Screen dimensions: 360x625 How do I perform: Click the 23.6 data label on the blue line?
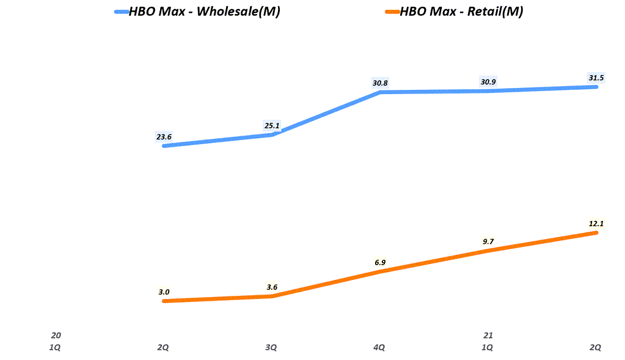pyautogui.click(x=164, y=137)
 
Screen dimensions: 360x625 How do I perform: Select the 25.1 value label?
pyautogui.click(x=272, y=127)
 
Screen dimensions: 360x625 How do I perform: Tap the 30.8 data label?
pyautogui.click(x=380, y=83)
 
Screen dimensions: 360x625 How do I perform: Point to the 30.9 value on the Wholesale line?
pyautogui.click(x=488, y=81)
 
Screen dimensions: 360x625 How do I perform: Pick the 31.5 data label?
pyautogui.click(x=596, y=78)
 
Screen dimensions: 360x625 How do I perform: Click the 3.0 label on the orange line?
pyautogui.click(x=164, y=292)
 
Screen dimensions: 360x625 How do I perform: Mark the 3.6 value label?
pyautogui.click(x=272, y=287)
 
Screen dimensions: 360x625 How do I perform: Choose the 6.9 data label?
pyautogui.click(x=380, y=262)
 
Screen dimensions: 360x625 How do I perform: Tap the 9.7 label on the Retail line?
pyautogui.click(x=488, y=241)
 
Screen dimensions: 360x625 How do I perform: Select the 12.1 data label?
pyautogui.click(x=596, y=224)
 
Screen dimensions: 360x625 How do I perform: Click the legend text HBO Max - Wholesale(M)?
pyautogui.click(x=204, y=12)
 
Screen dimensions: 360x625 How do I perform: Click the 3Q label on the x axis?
pyautogui.click(x=271, y=347)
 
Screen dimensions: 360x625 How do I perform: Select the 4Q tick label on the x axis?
pyautogui.click(x=379, y=347)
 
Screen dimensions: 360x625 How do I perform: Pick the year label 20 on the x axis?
pyautogui.click(x=56, y=335)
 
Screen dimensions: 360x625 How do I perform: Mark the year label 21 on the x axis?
pyautogui.click(x=488, y=335)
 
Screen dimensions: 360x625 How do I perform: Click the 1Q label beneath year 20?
pyautogui.click(x=55, y=347)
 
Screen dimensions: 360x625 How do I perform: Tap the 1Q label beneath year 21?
pyautogui.click(x=487, y=347)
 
